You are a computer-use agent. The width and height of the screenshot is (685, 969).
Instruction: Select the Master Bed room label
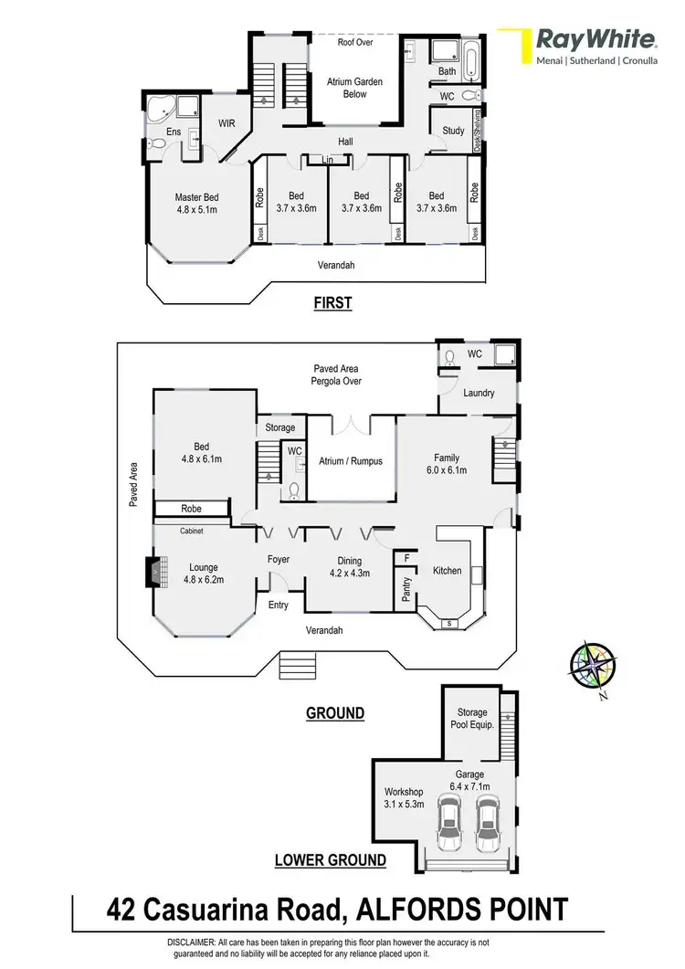(196, 202)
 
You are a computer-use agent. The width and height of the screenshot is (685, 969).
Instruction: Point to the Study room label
(453, 131)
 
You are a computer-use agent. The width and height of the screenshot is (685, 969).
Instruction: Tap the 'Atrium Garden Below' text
(355, 88)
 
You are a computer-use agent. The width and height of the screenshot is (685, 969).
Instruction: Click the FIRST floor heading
(332, 302)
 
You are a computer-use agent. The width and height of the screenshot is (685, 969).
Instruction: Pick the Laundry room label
(478, 394)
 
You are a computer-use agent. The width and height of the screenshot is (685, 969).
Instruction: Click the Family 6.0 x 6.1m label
(447, 464)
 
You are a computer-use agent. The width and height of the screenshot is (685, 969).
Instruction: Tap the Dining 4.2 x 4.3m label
(349, 566)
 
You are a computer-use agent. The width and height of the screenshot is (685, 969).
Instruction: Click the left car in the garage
(448, 824)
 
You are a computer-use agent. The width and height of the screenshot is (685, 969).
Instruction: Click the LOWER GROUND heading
(330, 859)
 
